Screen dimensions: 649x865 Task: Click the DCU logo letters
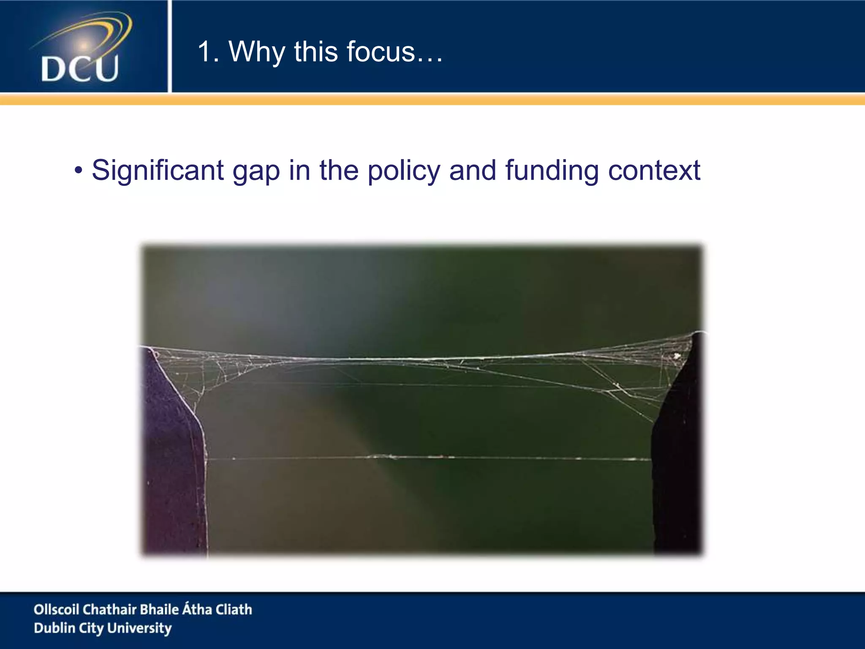[80, 68]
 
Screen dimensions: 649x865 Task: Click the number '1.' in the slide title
[208, 52]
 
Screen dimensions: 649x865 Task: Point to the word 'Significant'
[158, 171]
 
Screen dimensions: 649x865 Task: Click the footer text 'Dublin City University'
[103, 628]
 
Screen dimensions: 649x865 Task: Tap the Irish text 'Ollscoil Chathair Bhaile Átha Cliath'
[143, 609]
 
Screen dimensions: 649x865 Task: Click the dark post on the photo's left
[173, 465]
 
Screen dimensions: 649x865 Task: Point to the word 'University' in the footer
[139, 628]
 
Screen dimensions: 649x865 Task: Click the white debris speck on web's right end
[677, 356]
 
